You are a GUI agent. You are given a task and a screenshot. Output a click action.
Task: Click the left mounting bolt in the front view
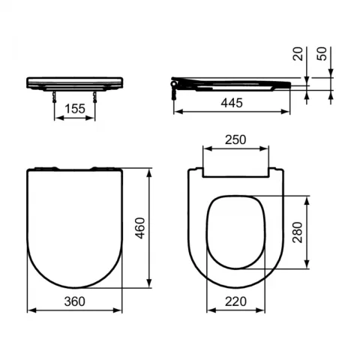click(56, 94)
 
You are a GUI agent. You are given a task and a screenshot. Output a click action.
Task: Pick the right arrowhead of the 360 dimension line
click(121, 309)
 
